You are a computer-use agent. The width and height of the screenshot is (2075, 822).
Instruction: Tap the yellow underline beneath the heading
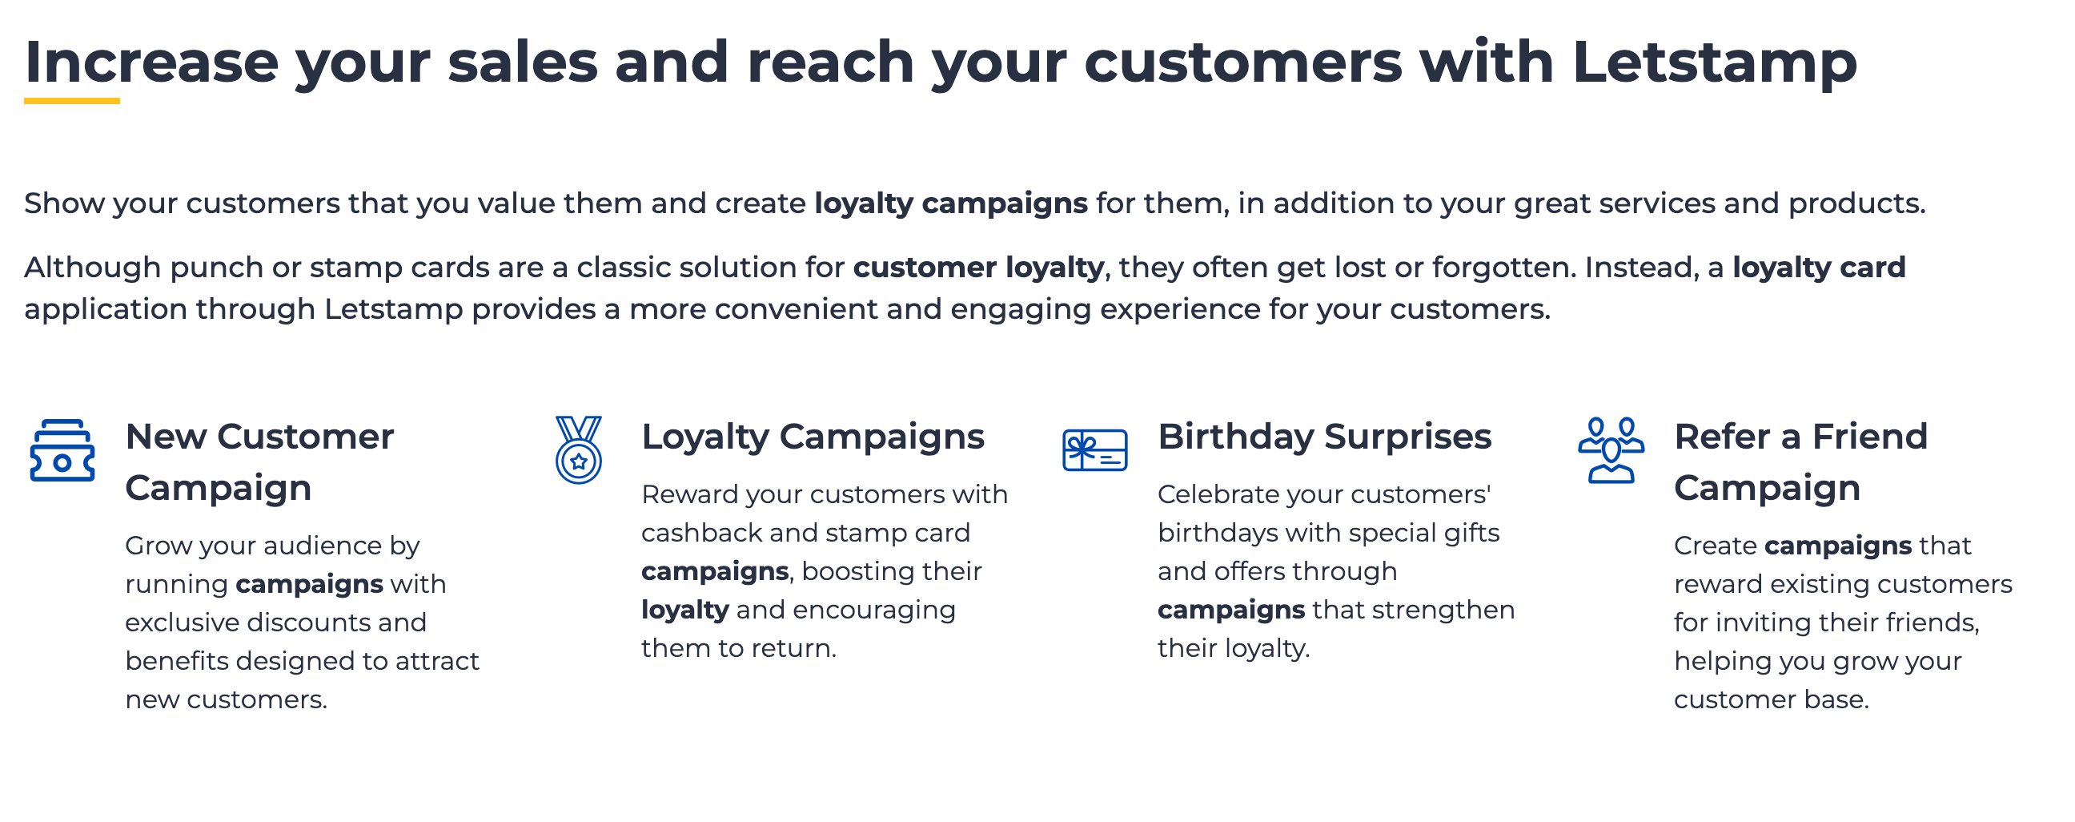pyautogui.click(x=72, y=101)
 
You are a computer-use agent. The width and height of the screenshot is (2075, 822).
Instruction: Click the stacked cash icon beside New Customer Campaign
pyautogui.click(x=62, y=450)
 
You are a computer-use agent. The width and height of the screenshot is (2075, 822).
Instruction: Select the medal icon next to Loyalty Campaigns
pyautogui.click(x=578, y=449)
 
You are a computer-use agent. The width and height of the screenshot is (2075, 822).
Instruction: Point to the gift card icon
pyautogui.click(x=1094, y=449)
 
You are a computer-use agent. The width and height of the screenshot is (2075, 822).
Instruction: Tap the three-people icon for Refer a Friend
pyautogui.click(x=1611, y=449)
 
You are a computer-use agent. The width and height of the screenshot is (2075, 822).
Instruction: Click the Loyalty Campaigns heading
pyautogui.click(x=813, y=437)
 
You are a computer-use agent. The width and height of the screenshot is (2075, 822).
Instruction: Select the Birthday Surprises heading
pyautogui.click(x=1324, y=437)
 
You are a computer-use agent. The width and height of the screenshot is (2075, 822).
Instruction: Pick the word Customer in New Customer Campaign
pyautogui.click(x=305, y=437)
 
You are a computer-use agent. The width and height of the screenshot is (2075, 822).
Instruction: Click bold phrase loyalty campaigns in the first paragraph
pyautogui.click(x=950, y=203)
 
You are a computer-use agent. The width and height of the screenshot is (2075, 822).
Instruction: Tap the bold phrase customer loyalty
pyautogui.click(x=978, y=268)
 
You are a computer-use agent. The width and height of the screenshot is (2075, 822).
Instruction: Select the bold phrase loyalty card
pyautogui.click(x=1819, y=268)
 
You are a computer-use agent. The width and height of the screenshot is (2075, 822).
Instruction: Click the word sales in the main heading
pyautogui.click(x=523, y=62)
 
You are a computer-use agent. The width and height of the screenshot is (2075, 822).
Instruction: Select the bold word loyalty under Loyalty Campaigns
pyautogui.click(x=684, y=610)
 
